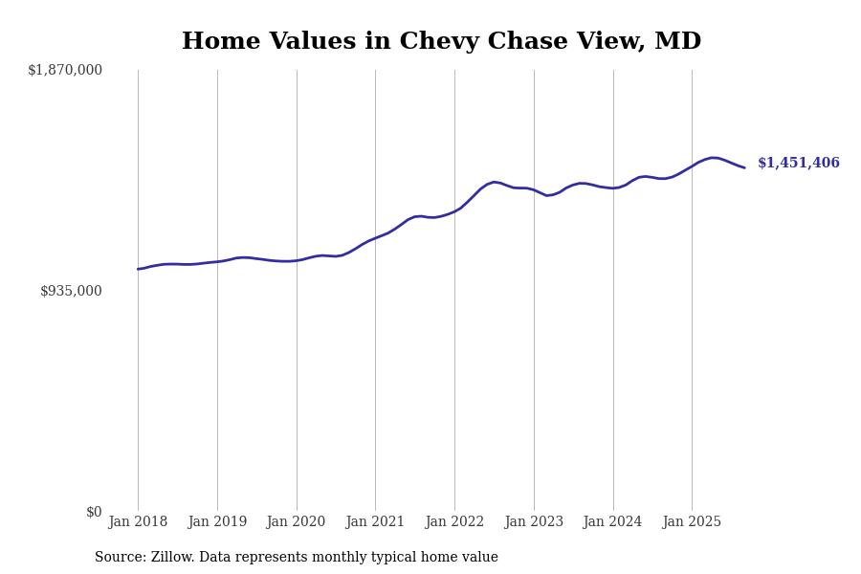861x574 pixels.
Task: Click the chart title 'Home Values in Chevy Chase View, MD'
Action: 441,42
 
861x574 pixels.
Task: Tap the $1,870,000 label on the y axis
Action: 65,70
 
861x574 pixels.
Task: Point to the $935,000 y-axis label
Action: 71,291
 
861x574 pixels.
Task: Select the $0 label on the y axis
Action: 94,512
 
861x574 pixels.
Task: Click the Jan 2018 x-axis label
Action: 138,522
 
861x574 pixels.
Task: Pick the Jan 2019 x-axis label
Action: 217,522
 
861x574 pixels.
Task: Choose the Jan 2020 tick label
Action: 297,522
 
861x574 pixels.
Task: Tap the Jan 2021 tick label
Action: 375,522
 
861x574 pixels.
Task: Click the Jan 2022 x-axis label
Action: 454,522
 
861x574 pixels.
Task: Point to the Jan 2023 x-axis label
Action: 534,522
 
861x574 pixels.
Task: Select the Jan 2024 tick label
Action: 613,522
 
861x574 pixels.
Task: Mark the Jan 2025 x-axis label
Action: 692,522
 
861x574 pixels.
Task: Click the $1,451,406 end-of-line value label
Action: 799,164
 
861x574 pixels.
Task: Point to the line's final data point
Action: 744,167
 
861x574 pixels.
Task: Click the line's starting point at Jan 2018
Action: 138,269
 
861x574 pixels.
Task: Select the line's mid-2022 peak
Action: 495,182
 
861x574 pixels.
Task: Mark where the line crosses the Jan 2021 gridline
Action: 375,238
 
